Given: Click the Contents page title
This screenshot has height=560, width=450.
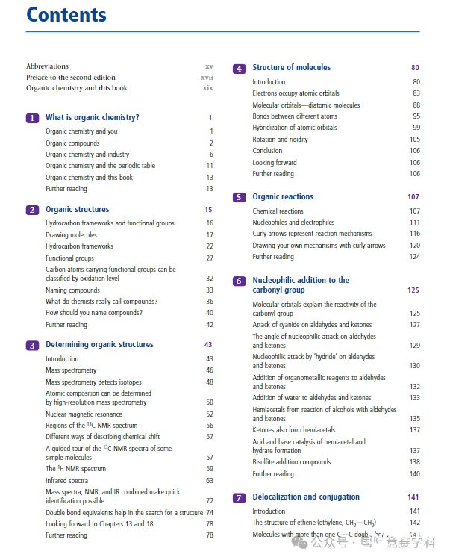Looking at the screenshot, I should [x=66, y=14].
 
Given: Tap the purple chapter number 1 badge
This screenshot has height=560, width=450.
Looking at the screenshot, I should [x=32, y=118].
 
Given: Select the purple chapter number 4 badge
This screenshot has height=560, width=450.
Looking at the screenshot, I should [x=239, y=69].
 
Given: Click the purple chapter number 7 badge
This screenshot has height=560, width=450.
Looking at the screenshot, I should [x=239, y=498].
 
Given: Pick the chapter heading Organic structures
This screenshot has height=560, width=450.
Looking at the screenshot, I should [x=77, y=210].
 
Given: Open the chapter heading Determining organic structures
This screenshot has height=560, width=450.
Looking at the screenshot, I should [x=99, y=345].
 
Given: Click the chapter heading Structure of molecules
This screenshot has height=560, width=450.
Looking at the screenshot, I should [x=291, y=68].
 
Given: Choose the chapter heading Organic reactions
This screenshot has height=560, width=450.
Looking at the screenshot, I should [x=283, y=197].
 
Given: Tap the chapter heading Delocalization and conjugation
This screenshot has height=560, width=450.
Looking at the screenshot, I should [x=306, y=497].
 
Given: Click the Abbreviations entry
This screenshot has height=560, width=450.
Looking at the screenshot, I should [x=47, y=66].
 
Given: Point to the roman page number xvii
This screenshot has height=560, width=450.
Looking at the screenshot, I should [x=207, y=77].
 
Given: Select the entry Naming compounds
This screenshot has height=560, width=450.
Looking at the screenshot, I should [x=72, y=290].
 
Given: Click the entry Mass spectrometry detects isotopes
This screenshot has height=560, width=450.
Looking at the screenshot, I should [x=93, y=382].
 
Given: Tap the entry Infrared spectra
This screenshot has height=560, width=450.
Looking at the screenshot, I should [x=66, y=481].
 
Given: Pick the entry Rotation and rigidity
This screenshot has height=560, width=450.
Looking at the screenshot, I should [x=280, y=140].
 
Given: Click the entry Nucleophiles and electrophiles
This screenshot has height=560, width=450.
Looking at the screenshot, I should [x=293, y=223].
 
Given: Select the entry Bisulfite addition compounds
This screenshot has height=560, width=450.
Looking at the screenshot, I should [x=291, y=462].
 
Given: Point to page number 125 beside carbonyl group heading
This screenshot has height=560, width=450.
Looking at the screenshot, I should [x=413, y=290].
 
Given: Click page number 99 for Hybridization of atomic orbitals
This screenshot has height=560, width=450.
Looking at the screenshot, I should [x=416, y=128].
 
